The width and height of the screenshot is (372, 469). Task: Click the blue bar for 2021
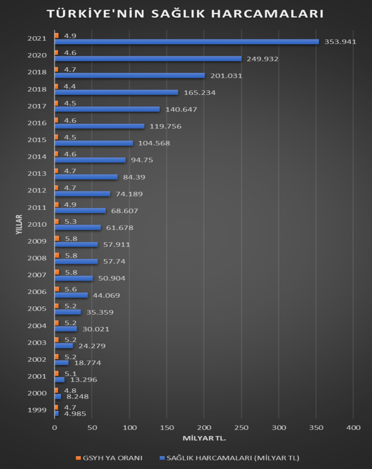click(187, 42)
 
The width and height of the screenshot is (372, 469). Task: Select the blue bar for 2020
click(148, 59)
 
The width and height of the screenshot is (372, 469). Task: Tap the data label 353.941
click(340, 42)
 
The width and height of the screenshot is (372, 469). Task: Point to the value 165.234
click(199, 93)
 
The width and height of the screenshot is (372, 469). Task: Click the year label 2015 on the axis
click(37, 140)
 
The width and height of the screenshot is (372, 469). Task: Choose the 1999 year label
click(37, 410)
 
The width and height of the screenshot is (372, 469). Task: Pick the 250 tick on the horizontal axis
click(241, 427)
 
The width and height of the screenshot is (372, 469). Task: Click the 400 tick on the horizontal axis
click(353, 427)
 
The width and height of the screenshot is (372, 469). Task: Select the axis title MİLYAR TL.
click(204, 438)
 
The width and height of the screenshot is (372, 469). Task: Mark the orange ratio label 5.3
click(70, 222)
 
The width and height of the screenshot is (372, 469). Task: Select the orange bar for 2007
click(57, 273)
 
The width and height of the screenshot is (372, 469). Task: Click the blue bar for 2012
click(82, 194)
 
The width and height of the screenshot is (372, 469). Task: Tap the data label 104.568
click(154, 143)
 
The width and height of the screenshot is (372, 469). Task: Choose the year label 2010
click(37, 224)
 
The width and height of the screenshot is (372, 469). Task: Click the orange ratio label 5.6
click(70, 289)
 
